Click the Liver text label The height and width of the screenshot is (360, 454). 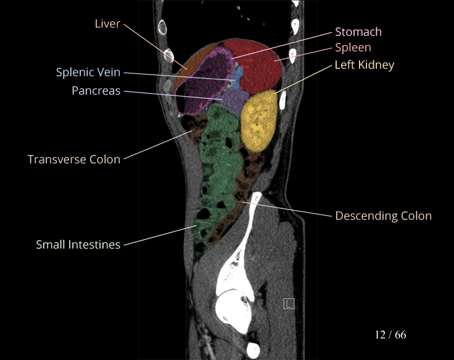pos(107,24)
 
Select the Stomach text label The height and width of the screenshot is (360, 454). pos(358,32)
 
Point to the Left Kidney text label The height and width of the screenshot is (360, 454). pos(364,65)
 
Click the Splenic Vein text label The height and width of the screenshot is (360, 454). pos(88,73)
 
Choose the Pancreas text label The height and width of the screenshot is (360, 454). pos(96,91)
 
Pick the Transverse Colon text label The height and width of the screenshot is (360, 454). pos(74,159)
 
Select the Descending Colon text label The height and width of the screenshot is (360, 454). pos(383,216)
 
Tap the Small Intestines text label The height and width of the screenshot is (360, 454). pos(78,245)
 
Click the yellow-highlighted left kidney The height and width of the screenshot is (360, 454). pos(256,120)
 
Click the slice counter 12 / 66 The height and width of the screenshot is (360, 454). pos(390,335)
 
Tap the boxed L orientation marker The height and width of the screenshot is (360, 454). pos(288,303)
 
